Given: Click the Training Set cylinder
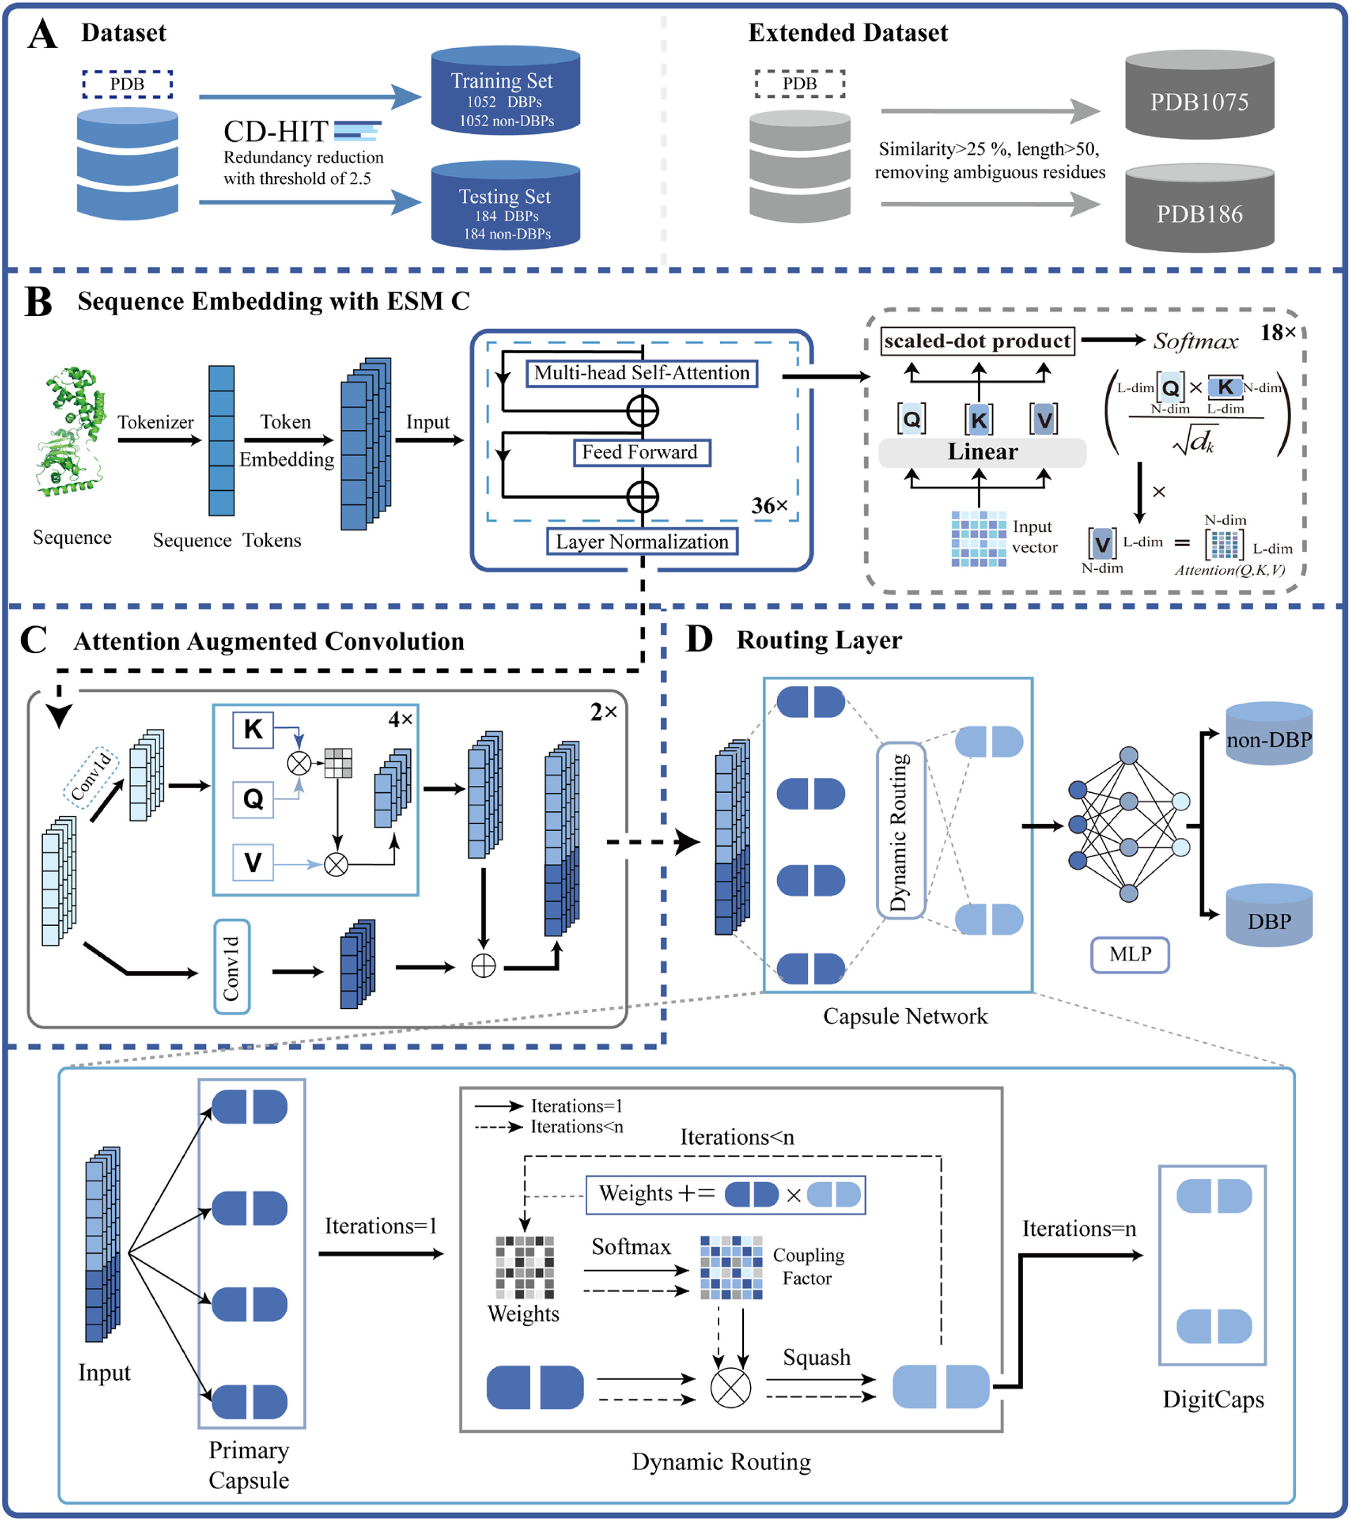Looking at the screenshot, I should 506,91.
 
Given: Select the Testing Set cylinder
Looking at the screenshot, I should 506,206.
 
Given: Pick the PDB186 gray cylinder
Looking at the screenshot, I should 1199,209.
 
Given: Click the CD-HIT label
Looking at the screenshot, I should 276,132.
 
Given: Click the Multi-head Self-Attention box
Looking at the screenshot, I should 642,373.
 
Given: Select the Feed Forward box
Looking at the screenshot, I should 641,452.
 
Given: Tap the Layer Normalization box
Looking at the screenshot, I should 642,542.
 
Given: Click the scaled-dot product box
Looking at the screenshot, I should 977,341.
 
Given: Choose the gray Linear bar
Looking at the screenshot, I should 982,452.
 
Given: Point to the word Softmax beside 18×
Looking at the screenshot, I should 1195,341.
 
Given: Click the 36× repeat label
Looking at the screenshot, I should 769,506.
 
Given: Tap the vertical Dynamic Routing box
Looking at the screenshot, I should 901,831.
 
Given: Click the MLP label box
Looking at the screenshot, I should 1129,955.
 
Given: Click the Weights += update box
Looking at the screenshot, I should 725,1195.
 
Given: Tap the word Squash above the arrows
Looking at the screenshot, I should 816,1357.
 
